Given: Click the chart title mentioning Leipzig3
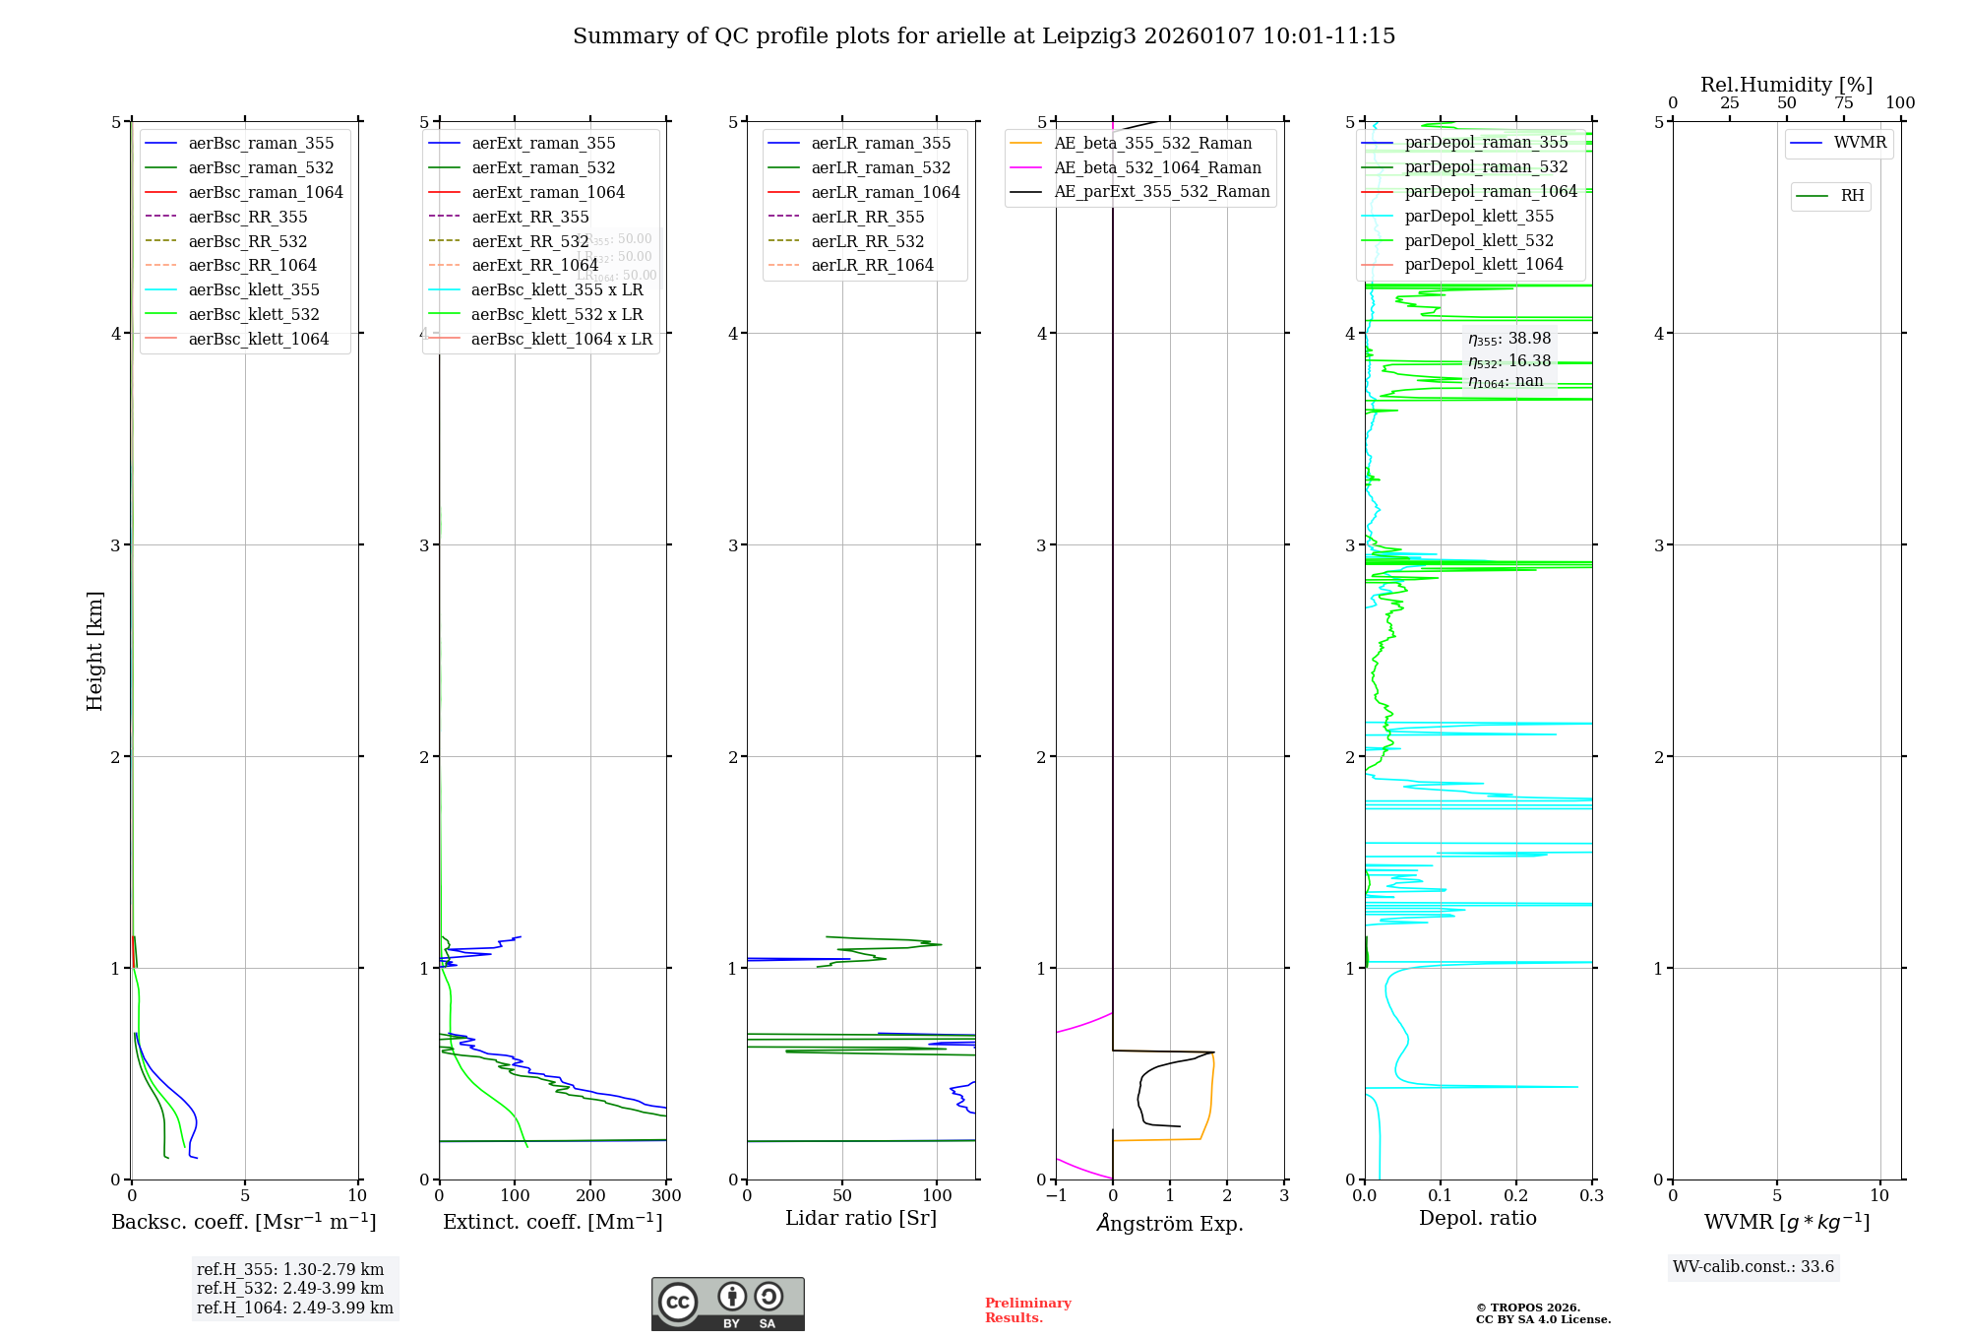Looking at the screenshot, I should click(984, 36).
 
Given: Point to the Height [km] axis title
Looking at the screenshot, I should click(94, 651).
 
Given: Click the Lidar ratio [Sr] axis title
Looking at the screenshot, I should click(861, 1219).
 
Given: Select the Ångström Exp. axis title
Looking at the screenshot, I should click(1170, 1224).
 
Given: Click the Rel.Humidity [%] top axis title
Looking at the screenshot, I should click(1786, 85).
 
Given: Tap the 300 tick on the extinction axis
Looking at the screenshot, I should click(666, 1196).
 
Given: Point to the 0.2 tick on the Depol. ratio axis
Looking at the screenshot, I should click(1516, 1196).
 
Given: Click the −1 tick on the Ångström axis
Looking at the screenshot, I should click(1056, 1196).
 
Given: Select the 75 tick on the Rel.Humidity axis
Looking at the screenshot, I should click(1843, 103).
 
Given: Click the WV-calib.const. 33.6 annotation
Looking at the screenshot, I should click(1753, 1267).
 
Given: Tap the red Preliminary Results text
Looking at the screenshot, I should click(1027, 1310).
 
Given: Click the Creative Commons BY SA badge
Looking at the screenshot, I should click(727, 1305).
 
